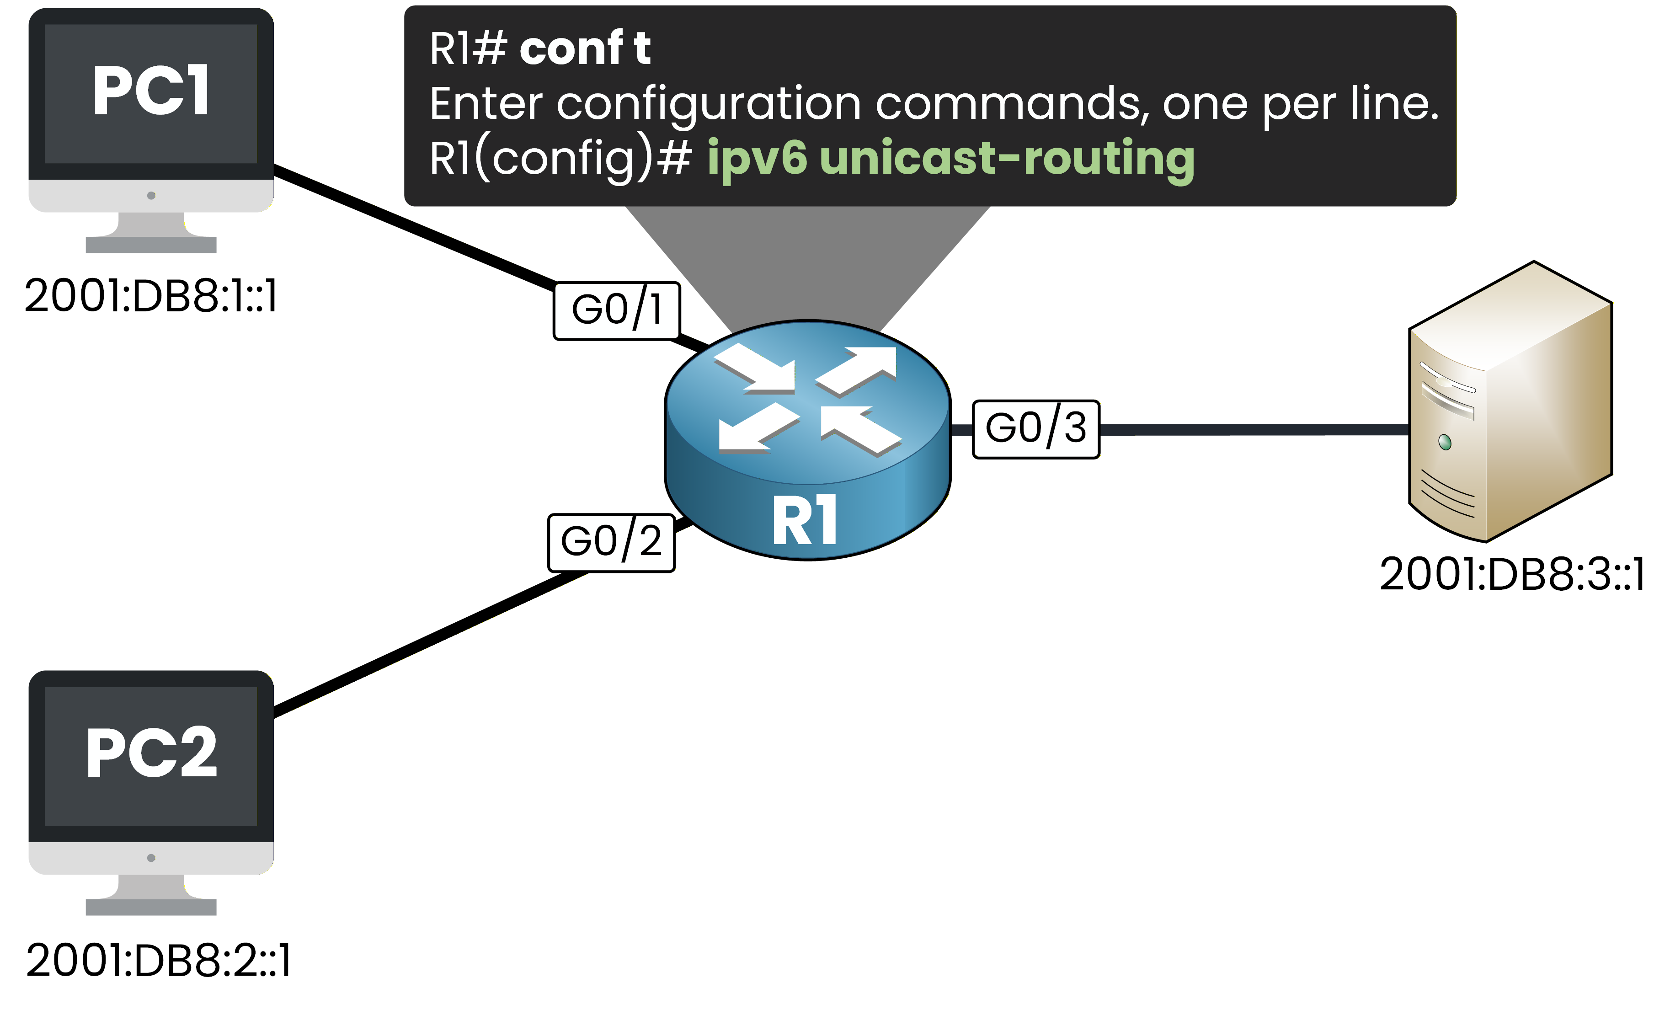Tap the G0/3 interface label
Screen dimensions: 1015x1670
1035,429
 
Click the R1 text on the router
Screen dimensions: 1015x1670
805,521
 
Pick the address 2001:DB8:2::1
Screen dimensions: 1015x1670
158,961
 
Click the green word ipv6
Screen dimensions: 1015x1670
757,158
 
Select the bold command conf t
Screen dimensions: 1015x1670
584,49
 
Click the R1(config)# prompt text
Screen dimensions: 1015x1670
560,158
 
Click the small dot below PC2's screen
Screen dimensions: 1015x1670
151,858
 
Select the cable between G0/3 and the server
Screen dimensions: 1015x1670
1254,429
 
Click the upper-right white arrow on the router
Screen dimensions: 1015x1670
859,369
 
